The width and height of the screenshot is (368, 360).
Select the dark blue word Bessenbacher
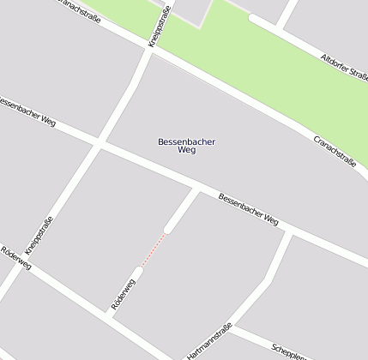pos(187,141)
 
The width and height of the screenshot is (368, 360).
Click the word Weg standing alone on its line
pos(187,150)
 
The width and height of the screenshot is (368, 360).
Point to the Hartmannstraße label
pos(211,340)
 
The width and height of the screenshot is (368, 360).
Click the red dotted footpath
pos(153,249)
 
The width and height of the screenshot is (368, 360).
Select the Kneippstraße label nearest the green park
pos(160,26)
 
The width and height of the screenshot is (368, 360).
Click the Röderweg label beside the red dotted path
pos(124,294)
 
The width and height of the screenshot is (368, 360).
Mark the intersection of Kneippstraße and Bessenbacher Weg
pos(101,143)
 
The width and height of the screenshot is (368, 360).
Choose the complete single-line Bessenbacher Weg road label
pos(248,209)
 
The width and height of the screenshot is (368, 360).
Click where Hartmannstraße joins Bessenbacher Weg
pos(289,231)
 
